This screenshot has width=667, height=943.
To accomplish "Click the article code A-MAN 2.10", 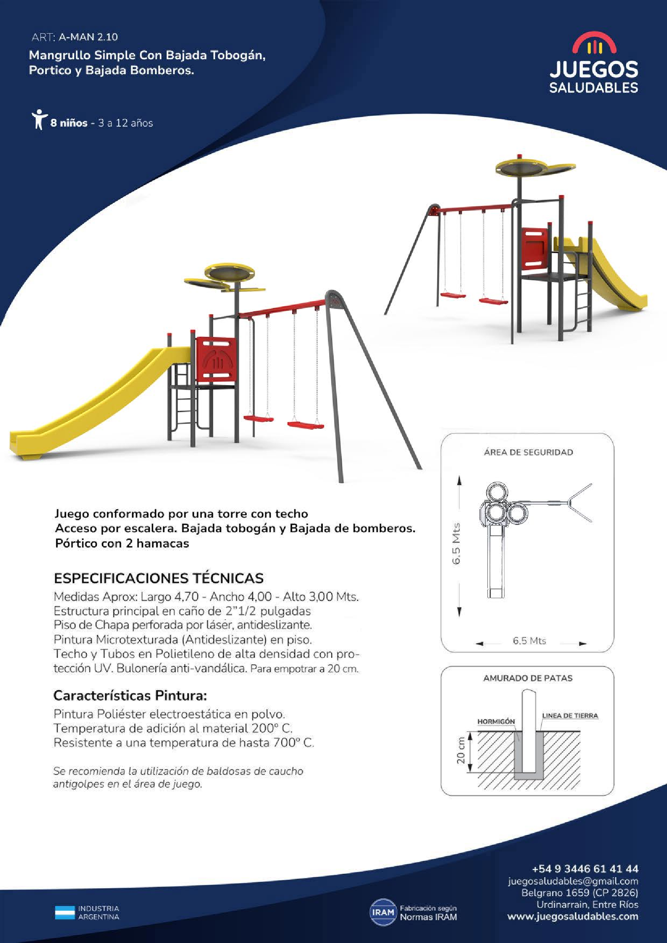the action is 88,37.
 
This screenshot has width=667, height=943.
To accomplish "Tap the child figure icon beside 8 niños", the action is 39,119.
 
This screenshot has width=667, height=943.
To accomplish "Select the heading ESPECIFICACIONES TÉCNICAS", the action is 159,578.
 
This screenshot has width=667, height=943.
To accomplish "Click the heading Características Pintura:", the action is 130,695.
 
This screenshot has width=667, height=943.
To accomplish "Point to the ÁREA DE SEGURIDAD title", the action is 528,452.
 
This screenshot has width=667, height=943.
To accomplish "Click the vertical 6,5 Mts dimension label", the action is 456,543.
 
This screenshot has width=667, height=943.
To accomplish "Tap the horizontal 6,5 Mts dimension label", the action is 529,641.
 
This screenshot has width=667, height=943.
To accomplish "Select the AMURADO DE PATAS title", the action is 528,678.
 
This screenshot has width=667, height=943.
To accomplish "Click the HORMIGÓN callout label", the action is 496,721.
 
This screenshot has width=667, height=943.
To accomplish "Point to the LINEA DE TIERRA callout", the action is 570,716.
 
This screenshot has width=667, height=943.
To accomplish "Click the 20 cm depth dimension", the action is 461,750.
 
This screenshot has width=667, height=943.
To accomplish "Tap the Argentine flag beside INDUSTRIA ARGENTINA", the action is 65,912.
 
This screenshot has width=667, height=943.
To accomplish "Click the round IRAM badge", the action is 383,912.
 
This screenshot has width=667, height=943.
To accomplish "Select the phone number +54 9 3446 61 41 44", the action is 585,869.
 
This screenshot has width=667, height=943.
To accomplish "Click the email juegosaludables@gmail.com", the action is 573,881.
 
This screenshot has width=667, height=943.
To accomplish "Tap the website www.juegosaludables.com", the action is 573,916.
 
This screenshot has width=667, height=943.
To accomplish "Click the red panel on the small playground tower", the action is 535,249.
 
